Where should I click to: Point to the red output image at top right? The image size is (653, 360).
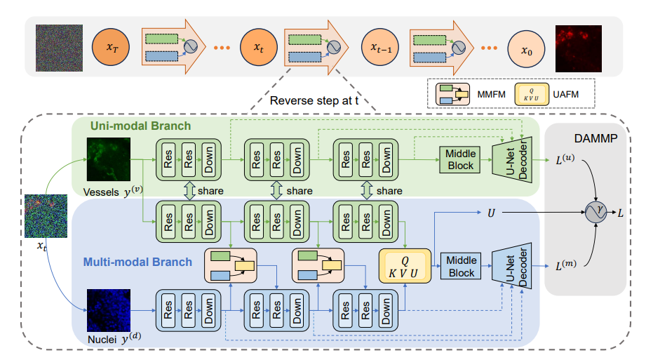click(x=578, y=48)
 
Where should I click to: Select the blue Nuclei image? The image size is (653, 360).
click(x=108, y=309)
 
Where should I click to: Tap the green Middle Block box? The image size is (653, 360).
click(x=460, y=160)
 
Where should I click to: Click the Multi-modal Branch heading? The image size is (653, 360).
click(x=137, y=262)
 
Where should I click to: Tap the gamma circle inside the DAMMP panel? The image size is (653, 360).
click(x=598, y=210)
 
